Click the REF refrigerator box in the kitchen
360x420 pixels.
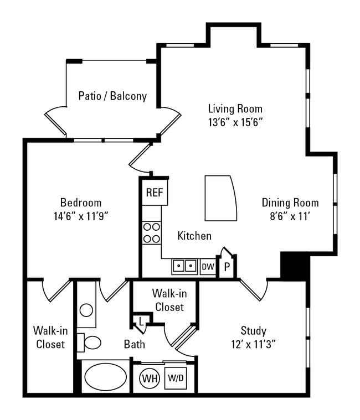(155, 193)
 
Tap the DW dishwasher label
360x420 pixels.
(208, 267)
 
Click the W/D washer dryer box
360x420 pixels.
(176, 379)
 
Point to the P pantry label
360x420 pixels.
(227, 268)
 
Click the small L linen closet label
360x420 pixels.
(141, 322)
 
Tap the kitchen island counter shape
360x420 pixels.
(220, 198)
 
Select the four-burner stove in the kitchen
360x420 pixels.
(152, 232)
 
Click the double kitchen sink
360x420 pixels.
(184, 266)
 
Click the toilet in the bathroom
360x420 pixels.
(90, 343)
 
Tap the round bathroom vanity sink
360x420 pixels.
(86, 310)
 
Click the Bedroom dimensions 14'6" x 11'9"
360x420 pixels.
(81, 215)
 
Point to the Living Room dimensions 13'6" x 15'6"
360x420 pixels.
(235, 122)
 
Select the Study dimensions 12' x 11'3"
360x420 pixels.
(253, 344)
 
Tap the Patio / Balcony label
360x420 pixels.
(112, 96)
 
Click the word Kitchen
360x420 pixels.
(194, 236)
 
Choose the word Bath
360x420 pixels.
(135, 344)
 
